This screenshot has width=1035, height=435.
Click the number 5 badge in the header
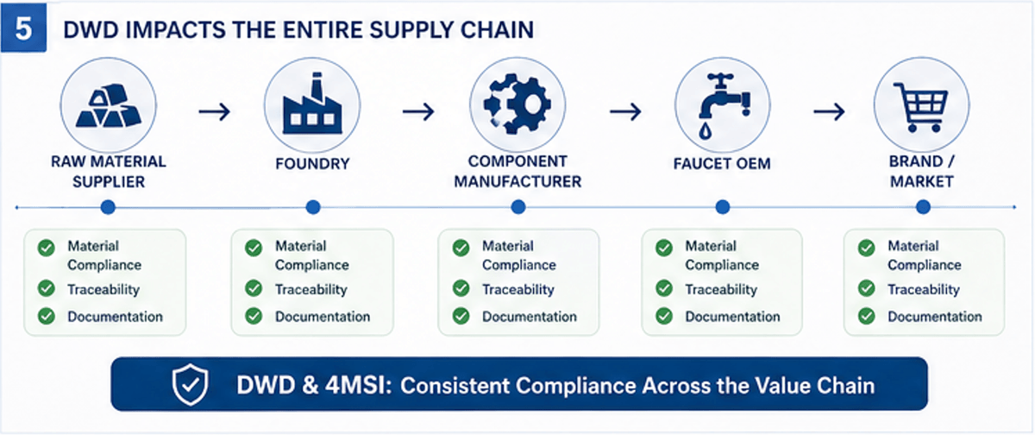click(x=23, y=27)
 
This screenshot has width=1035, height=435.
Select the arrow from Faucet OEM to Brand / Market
click(x=828, y=111)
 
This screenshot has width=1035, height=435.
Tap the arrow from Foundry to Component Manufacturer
click(x=417, y=111)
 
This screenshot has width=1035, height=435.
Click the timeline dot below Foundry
click(x=313, y=207)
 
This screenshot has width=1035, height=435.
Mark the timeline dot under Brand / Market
click(x=924, y=207)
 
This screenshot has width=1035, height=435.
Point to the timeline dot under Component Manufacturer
click(x=518, y=207)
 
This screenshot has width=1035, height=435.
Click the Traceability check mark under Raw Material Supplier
click(x=46, y=289)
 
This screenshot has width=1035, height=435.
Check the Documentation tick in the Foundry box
click(x=254, y=316)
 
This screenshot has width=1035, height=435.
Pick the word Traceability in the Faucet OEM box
click(x=721, y=290)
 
